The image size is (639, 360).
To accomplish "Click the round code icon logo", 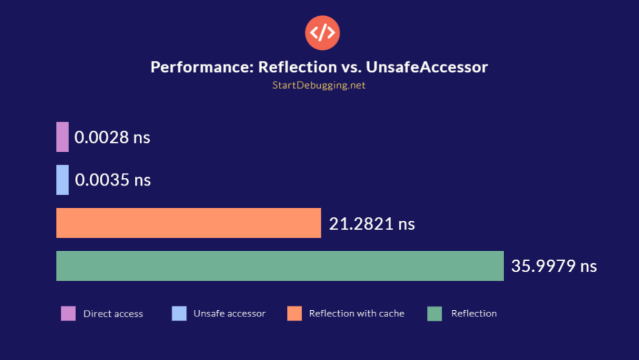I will [322, 32].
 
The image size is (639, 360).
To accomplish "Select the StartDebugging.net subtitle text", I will [319, 85].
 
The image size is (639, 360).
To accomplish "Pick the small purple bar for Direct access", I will [62, 137].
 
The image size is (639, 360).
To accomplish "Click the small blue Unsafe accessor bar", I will [62, 180].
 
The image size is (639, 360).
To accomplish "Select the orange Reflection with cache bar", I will [188, 223].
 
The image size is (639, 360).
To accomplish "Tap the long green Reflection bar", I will [280, 266].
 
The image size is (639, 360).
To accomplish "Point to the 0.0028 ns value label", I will [112, 137].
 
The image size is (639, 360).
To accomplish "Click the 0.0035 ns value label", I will [113, 180].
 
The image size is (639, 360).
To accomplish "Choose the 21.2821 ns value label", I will [372, 223].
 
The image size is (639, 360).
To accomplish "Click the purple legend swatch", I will [69, 314].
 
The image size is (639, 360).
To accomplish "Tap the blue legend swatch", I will [179, 314].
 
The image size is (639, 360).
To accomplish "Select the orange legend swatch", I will [295, 314].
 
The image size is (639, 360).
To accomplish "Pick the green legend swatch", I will [435, 314].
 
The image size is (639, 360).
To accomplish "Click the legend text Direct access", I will [113, 314].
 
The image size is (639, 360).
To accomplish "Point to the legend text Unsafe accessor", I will [229, 314].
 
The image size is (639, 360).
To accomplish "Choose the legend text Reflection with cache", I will [356, 314].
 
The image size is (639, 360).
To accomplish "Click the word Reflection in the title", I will [293, 67].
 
